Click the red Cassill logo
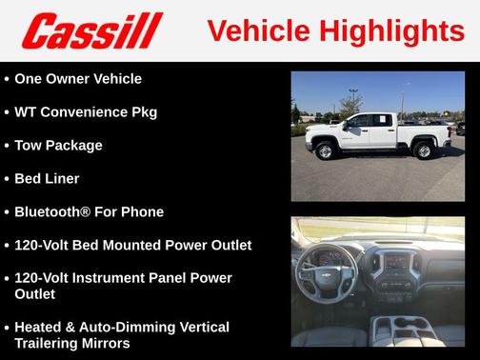point(92,30)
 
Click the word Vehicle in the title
point(257,30)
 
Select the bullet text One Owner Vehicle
point(78,79)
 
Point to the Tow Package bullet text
point(58,146)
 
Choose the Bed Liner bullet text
point(47,179)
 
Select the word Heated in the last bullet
point(40,328)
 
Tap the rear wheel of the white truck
point(423,150)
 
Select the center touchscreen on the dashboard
point(395,260)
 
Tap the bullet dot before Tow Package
point(7,146)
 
